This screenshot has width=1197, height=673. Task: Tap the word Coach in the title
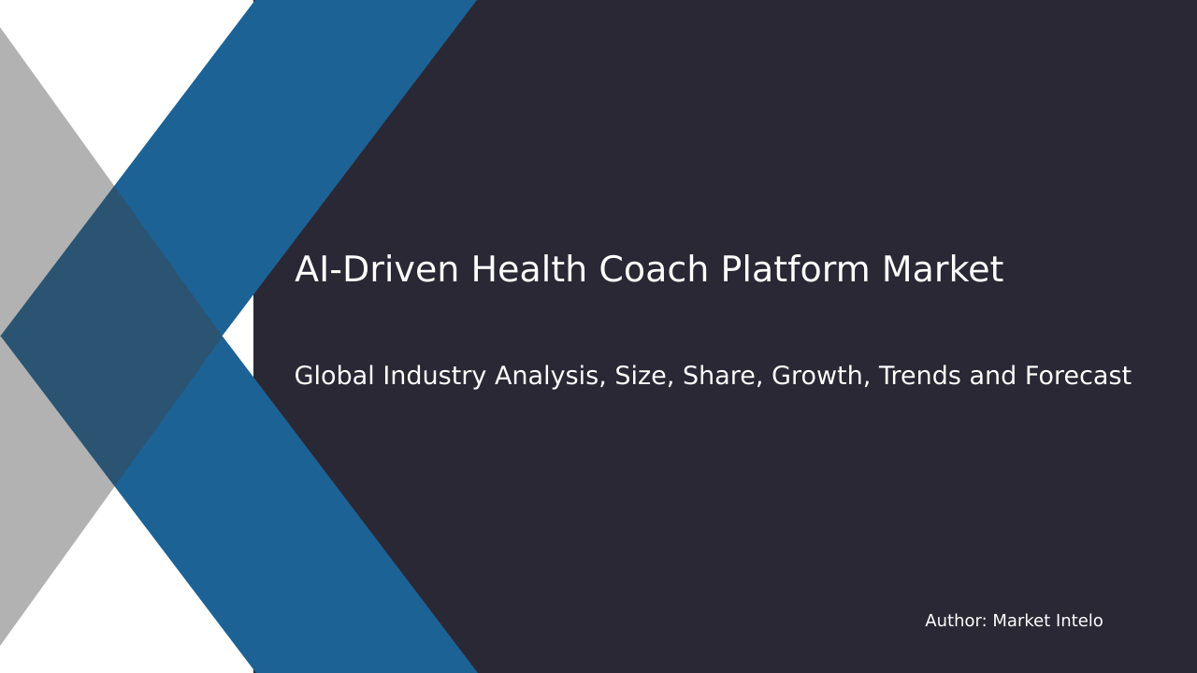click(654, 271)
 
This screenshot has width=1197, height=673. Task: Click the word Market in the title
click(942, 271)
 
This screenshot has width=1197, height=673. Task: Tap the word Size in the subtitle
click(643, 377)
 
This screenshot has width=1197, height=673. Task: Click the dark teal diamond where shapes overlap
click(112, 336)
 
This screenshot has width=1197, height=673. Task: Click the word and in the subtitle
click(994, 377)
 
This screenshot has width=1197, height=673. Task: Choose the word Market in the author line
click(1020, 622)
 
